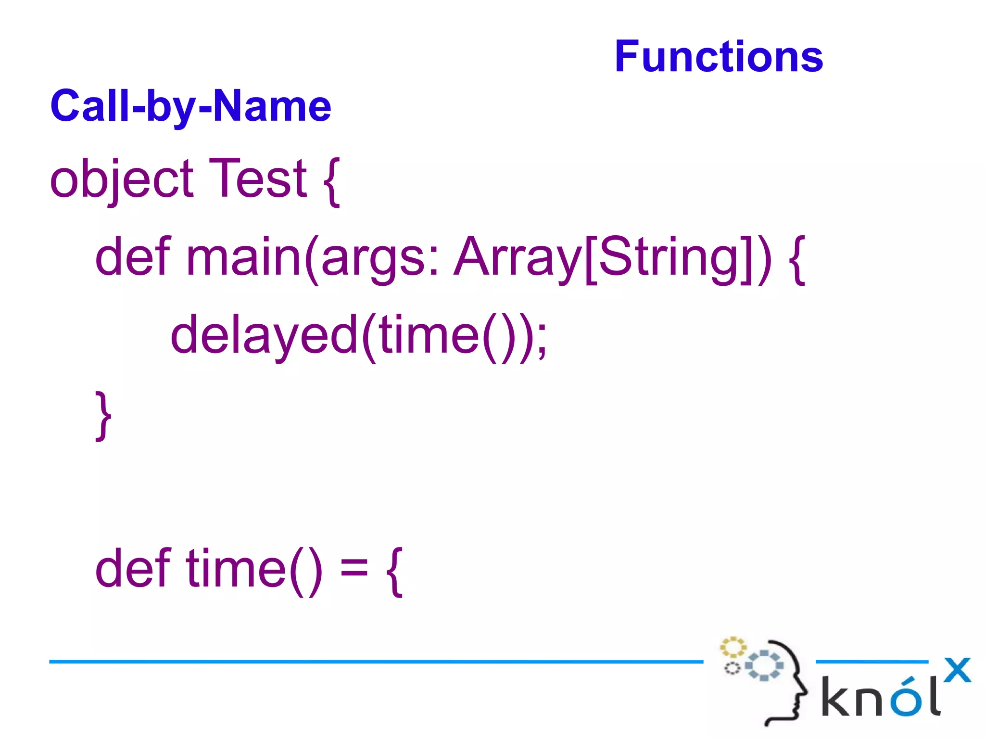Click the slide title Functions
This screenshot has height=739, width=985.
[719, 57]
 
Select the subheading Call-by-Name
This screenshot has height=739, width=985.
[190, 107]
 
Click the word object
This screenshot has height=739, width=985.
[122, 180]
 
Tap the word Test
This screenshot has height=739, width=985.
[258, 179]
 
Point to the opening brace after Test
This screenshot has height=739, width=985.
[332, 182]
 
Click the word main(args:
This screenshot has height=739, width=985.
[313, 258]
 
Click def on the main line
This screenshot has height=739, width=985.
[133, 257]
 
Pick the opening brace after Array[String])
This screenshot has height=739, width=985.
[797, 260]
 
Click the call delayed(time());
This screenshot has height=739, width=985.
[358, 336]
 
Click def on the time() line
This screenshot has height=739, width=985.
[133, 569]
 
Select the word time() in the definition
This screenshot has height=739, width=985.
[254, 570]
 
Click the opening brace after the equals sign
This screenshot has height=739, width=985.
[394, 572]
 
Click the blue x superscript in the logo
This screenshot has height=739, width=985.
[957, 670]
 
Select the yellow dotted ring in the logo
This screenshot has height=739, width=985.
[732, 648]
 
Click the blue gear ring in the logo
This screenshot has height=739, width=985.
[764, 665]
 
